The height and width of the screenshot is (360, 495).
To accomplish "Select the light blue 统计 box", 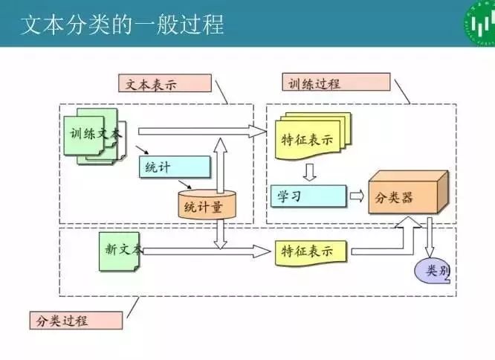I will click(174, 166).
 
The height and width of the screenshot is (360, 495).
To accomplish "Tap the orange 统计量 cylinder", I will click(206, 205).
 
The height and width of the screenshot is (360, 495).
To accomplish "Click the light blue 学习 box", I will click(308, 196).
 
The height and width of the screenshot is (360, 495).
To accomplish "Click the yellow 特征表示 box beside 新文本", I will click(311, 251).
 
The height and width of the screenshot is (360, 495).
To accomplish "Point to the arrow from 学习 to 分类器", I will click(357, 196).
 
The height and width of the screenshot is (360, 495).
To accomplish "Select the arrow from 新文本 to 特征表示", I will click(208, 251).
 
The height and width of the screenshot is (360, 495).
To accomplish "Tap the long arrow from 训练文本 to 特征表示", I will click(201, 132).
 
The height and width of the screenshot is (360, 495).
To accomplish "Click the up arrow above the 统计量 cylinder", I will click(221, 164).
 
